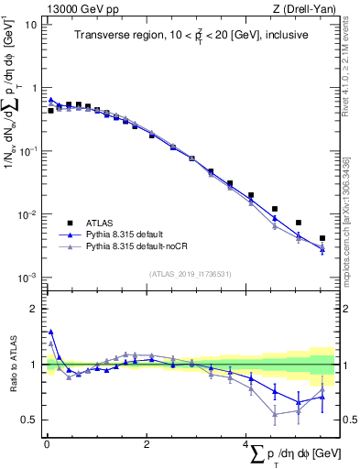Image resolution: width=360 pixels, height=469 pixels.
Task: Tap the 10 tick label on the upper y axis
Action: (30, 25)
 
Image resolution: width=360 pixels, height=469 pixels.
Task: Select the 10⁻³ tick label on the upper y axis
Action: (27, 278)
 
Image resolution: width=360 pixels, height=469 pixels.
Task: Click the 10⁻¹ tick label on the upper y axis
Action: (27, 151)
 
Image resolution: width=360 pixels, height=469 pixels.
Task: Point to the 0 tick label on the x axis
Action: (46, 444)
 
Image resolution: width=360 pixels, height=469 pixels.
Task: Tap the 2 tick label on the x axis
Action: (146, 444)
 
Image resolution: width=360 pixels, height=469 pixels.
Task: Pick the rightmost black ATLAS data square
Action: (322, 238)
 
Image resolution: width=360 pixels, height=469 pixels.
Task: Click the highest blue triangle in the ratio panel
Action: (50, 332)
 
